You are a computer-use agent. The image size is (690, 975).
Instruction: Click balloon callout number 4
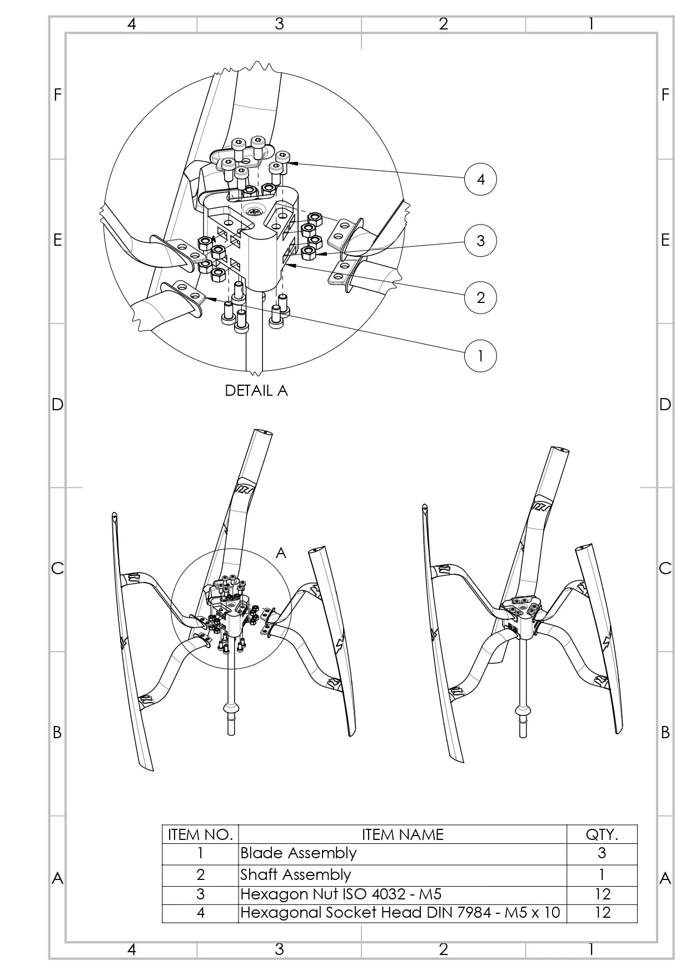[480, 179]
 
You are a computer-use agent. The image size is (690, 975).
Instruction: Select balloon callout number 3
[480, 241]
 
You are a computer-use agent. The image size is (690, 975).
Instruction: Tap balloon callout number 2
[480, 297]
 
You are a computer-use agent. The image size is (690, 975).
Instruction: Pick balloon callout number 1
[480, 356]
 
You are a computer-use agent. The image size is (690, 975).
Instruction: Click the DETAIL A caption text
[256, 391]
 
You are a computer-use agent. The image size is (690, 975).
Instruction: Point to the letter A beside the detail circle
[281, 553]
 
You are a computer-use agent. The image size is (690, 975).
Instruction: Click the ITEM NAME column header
[403, 834]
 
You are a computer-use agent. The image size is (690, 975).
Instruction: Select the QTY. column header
[602, 834]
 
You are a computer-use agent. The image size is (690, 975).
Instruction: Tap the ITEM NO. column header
[200, 834]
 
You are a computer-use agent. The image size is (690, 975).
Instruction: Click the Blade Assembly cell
[299, 853]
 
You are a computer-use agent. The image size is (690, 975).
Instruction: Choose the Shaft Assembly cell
[296, 875]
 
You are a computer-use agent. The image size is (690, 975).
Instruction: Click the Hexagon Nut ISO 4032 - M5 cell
[341, 894]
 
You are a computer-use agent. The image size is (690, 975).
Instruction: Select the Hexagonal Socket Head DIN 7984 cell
[400, 913]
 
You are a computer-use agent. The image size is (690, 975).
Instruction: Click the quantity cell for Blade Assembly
[602, 853]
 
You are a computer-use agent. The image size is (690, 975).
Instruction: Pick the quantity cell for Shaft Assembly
[602, 875]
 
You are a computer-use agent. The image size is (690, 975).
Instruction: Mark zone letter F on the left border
[57, 95]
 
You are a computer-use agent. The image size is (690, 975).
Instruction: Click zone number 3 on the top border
[279, 24]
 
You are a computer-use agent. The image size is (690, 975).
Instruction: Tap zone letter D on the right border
[665, 404]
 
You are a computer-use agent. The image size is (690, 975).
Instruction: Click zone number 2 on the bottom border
[443, 949]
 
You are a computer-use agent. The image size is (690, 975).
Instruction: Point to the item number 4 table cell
[200, 913]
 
